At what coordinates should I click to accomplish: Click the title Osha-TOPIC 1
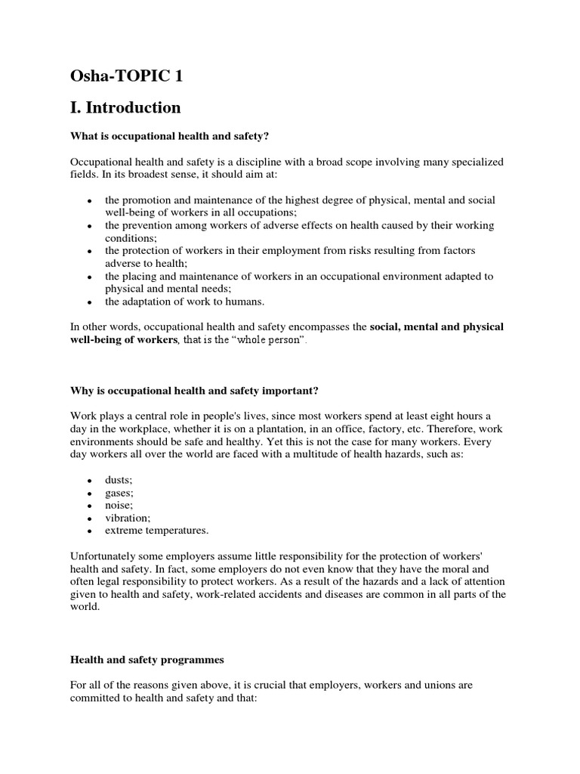(x=126, y=77)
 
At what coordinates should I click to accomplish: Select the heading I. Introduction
(x=125, y=107)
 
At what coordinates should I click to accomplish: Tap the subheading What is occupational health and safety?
(x=170, y=136)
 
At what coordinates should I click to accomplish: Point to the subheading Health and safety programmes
(x=147, y=660)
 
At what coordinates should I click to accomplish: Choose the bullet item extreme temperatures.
(x=157, y=530)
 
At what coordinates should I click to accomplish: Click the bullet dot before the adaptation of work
(x=90, y=302)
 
